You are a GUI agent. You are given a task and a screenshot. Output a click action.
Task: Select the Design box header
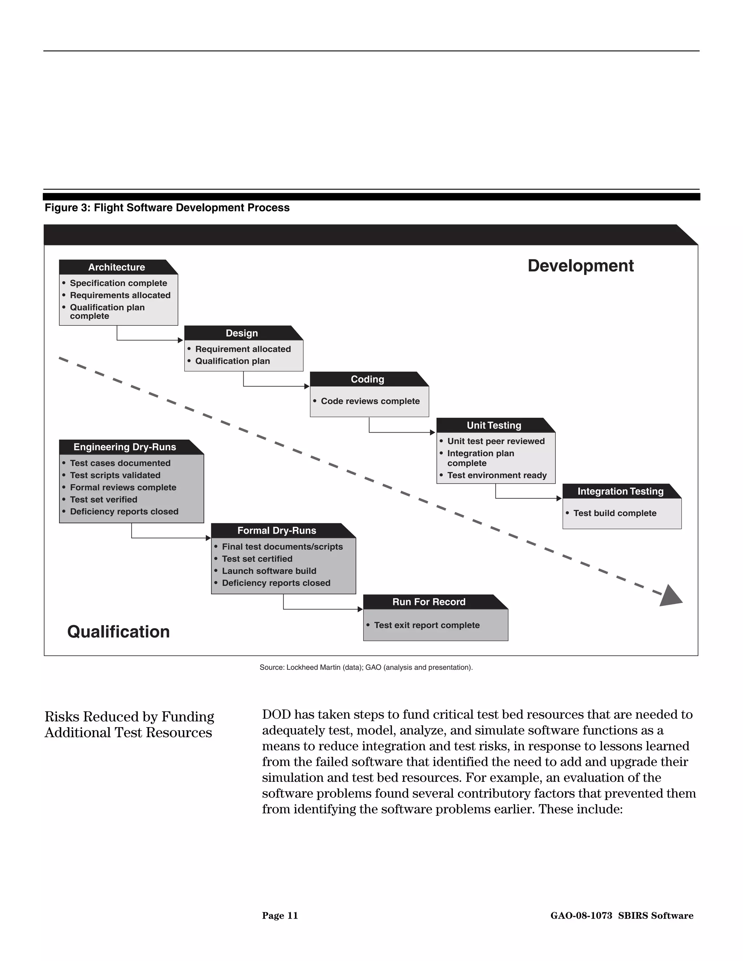pyautogui.click(x=242, y=333)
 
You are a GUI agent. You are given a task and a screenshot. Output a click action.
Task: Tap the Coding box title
pyautogui.click(x=367, y=379)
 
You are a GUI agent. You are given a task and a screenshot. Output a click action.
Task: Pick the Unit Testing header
pyautogui.click(x=494, y=425)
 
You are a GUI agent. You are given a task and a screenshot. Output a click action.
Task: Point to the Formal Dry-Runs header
pyautogui.click(x=276, y=531)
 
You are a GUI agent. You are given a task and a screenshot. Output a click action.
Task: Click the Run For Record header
pyautogui.click(x=429, y=602)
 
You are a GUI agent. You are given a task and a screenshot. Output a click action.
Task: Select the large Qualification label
pyautogui.click(x=118, y=632)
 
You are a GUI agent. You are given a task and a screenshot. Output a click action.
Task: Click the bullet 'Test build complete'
pyautogui.click(x=615, y=513)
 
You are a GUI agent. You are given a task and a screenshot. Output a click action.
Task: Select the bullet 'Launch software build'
pyautogui.click(x=269, y=571)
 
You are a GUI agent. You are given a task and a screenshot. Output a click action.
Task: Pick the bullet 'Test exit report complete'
pyautogui.click(x=427, y=625)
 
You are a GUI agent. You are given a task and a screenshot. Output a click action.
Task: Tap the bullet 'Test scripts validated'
pyautogui.click(x=115, y=475)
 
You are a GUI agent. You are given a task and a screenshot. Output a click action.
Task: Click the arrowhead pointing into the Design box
pyautogui.click(x=180, y=340)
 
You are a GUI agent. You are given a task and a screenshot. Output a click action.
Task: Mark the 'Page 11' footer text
pyautogui.click(x=280, y=916)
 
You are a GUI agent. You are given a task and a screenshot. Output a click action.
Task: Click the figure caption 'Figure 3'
pyautogui.click(x=167, y=208)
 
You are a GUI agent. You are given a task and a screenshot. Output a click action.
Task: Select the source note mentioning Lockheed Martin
pyautogui.click(x=366, y=668)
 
